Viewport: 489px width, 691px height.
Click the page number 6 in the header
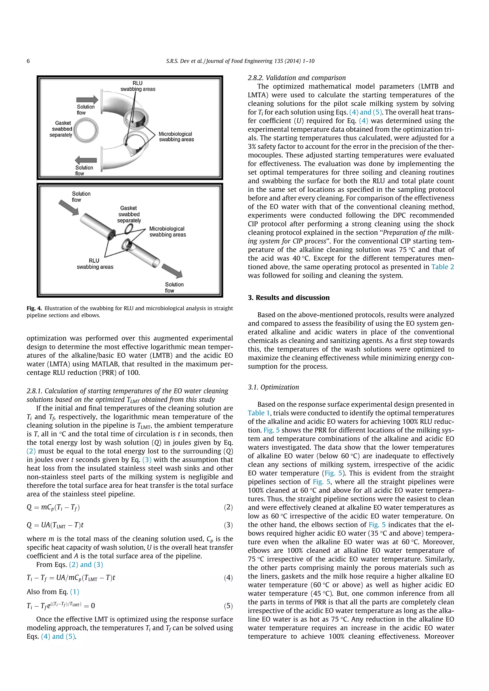[x=28, y=61]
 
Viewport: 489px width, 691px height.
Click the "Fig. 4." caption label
[x=34, y=308]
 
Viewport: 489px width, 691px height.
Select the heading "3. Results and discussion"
[x=288, y=298]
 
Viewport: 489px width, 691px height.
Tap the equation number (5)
[x=228, y=606]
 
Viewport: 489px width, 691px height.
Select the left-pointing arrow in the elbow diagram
[x=86, y=160]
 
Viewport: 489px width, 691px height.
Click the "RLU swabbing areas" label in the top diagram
[x=138, y=86]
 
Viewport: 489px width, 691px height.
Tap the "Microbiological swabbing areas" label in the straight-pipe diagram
[x=167, y=232]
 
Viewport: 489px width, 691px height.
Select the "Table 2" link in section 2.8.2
[x=442, y=267]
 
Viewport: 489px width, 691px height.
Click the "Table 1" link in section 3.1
[x=258, y=413]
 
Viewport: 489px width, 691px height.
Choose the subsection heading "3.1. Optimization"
[x=273, y=387]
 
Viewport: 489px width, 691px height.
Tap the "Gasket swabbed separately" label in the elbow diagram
[x=61, y=129]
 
